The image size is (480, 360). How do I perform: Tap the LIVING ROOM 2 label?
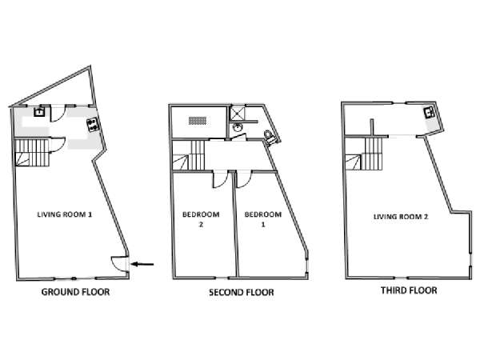400,216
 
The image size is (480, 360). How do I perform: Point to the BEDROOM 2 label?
196,218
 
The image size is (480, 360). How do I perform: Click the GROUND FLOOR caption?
75,292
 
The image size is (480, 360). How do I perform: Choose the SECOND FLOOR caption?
241,293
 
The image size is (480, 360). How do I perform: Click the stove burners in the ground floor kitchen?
92,124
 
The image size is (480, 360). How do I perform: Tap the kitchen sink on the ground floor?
38,114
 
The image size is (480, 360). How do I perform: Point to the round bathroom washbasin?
238,127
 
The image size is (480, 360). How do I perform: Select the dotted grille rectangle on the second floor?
197,120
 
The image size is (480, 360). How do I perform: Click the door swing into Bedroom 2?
218,181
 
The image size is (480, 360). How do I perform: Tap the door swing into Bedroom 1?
243,180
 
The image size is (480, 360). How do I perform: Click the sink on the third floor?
430,113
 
